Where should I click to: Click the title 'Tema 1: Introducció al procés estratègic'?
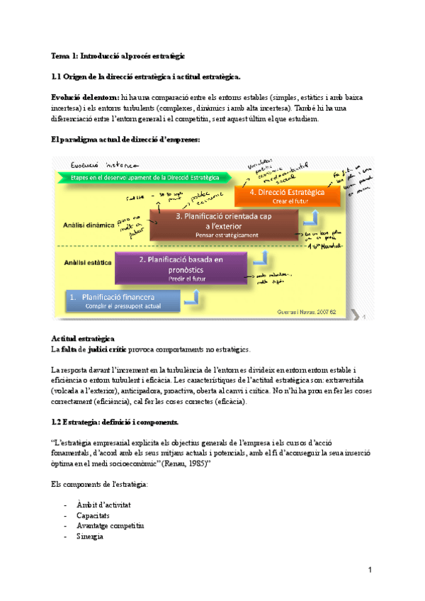117,55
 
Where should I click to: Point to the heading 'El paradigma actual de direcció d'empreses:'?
126,140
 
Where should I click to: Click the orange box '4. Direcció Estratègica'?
288,196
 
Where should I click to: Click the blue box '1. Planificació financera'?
123,300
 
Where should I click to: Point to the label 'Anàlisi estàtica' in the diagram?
85,262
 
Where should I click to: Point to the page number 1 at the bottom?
370,571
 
